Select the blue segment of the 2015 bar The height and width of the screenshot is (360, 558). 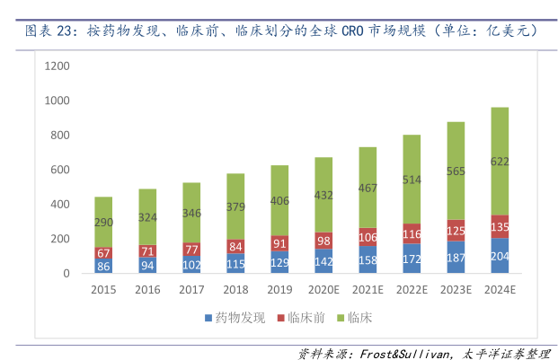103,266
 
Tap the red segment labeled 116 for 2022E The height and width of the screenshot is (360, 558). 412,234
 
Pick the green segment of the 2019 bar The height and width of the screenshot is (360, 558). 279,200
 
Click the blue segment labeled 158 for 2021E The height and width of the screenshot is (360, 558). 368,260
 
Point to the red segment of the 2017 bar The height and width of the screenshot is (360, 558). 191,250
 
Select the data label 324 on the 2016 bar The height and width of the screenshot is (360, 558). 147,216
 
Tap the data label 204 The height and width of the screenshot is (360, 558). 500,256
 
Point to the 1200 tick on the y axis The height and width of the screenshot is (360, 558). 57,66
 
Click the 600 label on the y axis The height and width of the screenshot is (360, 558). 59,170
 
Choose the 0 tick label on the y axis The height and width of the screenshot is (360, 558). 66,274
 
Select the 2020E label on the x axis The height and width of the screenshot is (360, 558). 323,291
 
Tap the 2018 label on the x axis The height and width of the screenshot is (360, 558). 235,291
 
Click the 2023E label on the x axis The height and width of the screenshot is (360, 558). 456,291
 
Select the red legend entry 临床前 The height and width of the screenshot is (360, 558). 299,318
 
